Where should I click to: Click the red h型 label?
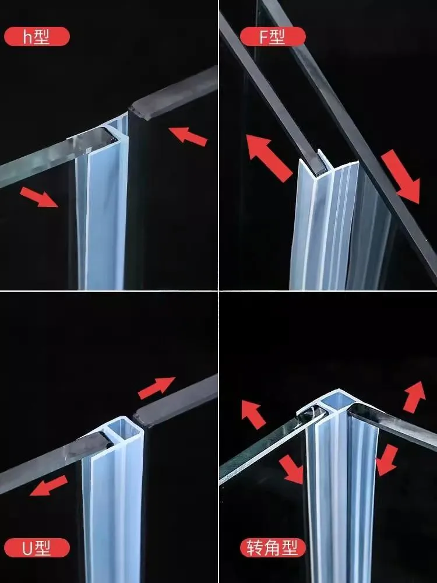click(37, 37)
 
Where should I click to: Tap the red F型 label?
click(272, 37)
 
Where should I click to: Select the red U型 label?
click(37, 547)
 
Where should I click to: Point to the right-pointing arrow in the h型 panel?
click(40, 196)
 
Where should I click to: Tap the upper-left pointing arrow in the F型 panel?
click(267, 156)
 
